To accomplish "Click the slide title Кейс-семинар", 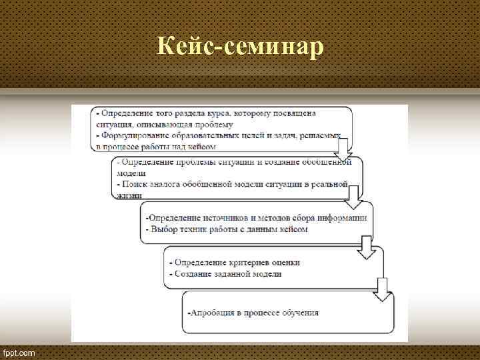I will click(x=239, y=47).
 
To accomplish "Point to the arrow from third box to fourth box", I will click(x=367, y=246).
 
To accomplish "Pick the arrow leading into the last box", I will click(x=382, y=288).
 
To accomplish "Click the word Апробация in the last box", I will click(x=212, y=312).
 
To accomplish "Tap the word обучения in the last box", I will click(x=301, y=312).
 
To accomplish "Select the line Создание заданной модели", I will click(x=227, y=273).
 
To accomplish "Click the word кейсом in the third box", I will click(x=293, y=229).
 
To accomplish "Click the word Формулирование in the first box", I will click(x=134, y=135).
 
